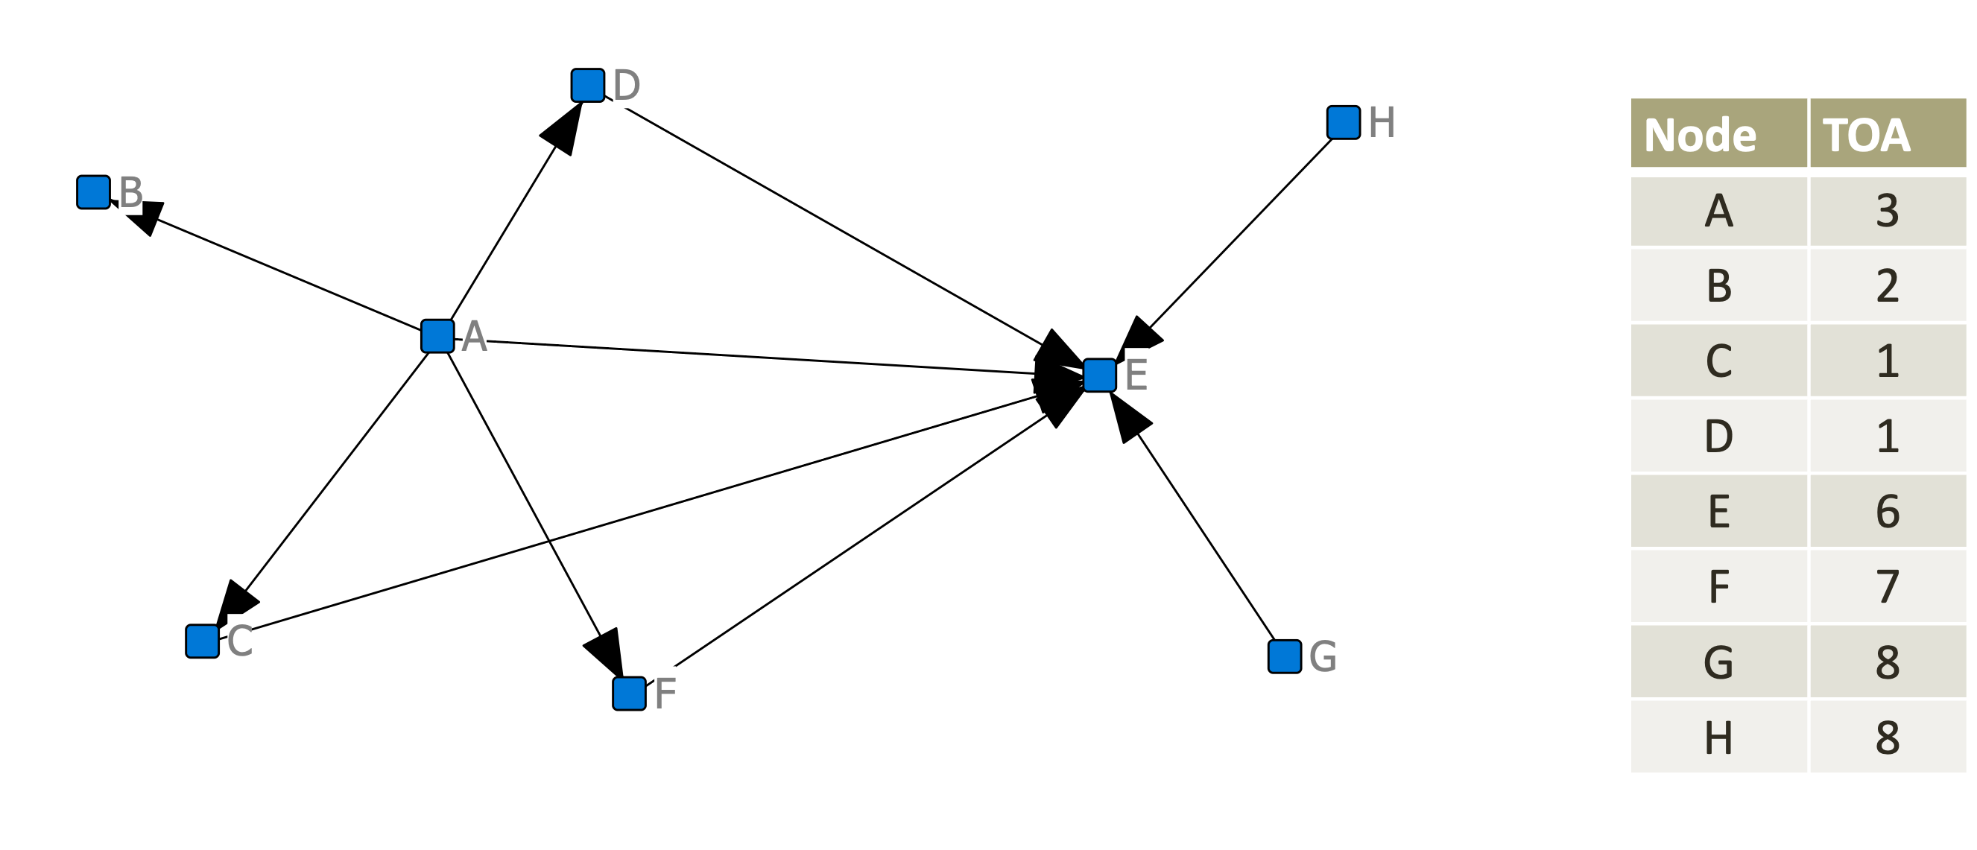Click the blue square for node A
[437, 336]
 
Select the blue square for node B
[94, 191]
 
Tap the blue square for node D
[588, 85]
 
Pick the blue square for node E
[1100, 375]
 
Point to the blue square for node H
[1343, 123]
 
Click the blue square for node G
[1284, 656]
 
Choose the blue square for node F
[630, 694]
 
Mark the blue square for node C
[203, 641]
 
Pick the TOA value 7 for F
[1888, 587]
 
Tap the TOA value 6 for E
[1888, 512]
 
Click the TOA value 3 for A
[1888, 211]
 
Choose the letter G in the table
[1718, 662]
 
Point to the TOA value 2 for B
[1888, 286]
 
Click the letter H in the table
[1718, 738]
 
